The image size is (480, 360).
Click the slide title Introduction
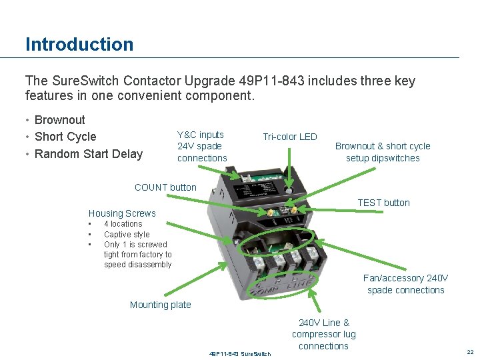click(x=79, y=45)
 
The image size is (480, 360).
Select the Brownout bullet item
click(x=59, y=120)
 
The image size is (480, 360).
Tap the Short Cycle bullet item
click(x=65, y=137)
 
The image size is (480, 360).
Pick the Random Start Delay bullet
click(x=88, y=154)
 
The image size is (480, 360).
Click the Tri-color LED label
click(x=289, y=137)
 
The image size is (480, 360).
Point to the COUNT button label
click(x=165, y=187)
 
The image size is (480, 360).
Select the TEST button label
click(x=383, y=203)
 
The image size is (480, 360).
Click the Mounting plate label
click(x=160, y=305)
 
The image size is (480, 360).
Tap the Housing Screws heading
click(x=122, y=213)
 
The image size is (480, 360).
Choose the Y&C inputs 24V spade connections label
click(x=202, y=146)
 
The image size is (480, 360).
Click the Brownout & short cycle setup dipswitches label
click(x=383, y=152)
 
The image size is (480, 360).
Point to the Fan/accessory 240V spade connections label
click(x=405, y=284)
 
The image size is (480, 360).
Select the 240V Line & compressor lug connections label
click(x=323, y=334)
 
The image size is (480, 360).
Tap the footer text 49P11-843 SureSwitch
click(x=240, y=353)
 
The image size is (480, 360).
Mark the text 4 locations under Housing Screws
click(x=123, y=224)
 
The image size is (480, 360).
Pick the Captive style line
click(x=127, y=235)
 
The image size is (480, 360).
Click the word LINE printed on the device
click(x=297, y=285)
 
